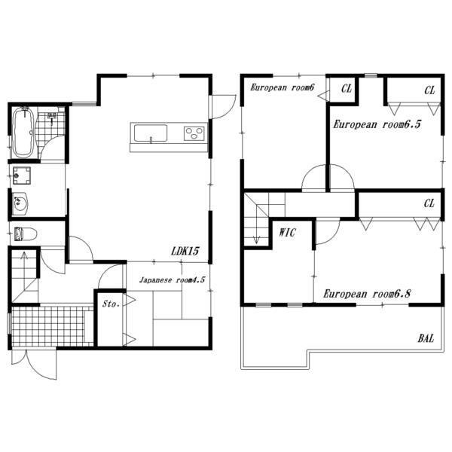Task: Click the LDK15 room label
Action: coord(185,251)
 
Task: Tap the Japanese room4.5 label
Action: coord(172,280)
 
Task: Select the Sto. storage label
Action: coord(111,304)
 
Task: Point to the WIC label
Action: coord(287,232)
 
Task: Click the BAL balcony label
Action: coord(426,338)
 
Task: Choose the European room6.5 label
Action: coord(377,124)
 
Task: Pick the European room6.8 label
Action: coord(367,294)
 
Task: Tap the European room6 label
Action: coord(282,87)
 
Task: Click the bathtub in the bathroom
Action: coord(23,133)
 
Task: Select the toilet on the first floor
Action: coord(26,234)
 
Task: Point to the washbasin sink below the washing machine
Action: coord(20,204)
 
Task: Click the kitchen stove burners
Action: coord(194,134)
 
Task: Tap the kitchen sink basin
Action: coord(151,133)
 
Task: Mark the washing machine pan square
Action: coord(22,176)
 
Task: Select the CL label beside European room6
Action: coord(347,88)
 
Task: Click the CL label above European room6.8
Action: coord(429,203)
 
